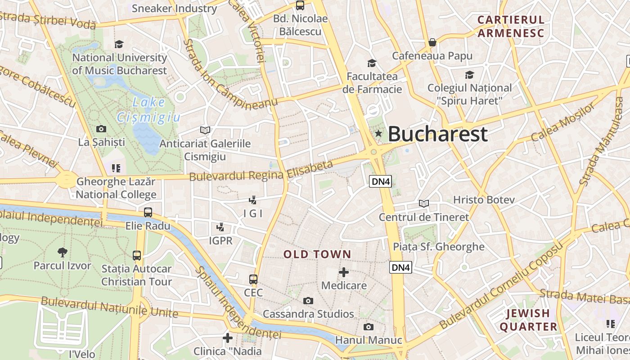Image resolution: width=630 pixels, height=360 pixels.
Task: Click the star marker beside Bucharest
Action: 378,133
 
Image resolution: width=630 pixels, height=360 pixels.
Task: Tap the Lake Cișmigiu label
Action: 148,110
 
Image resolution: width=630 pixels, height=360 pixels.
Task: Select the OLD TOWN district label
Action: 317,254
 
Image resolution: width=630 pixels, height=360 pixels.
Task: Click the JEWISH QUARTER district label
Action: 528,320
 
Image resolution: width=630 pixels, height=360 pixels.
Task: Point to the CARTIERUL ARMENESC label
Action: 511,26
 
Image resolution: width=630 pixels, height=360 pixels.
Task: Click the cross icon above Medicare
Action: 344,272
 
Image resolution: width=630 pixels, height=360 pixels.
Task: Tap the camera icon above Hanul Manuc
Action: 369,327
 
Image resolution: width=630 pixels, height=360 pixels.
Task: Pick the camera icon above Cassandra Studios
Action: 308,301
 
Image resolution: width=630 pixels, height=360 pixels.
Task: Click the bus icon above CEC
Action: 253,279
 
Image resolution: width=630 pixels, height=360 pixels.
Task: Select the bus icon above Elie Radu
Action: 148,212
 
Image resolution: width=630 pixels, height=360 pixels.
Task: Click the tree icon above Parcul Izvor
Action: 63,252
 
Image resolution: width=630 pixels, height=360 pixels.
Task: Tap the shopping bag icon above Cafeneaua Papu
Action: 432,43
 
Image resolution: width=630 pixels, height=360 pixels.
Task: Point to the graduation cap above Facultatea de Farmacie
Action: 372,63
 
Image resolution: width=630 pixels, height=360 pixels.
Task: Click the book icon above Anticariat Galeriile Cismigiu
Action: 205,130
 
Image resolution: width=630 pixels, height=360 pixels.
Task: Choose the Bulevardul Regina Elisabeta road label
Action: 261,171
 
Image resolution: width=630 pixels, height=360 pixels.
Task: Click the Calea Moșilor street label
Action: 562,122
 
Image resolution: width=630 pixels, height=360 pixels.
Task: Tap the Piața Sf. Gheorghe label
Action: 439,247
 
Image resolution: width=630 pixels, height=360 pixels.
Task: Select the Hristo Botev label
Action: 483,199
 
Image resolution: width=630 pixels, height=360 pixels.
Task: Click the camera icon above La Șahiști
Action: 101,129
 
